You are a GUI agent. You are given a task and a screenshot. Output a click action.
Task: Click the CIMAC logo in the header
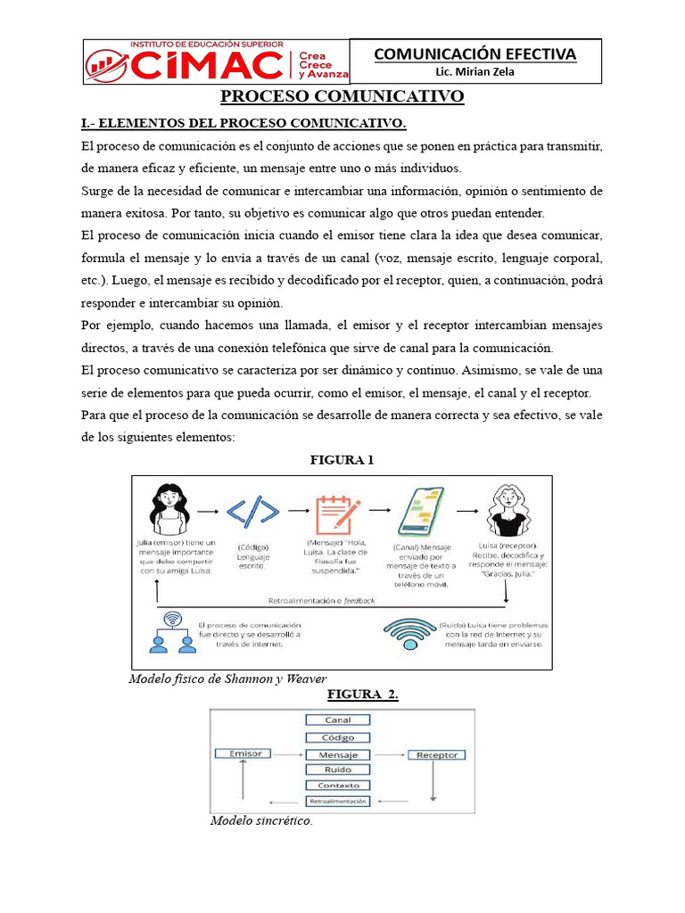(217, 62)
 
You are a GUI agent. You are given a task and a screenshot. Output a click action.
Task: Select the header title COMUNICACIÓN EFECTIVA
(475, 54)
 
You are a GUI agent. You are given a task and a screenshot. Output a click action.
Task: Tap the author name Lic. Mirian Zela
(475, 72)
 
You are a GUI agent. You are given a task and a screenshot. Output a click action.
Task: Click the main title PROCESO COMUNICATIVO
(342, 96)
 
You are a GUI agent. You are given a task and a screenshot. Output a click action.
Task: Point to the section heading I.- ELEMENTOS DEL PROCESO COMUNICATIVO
(243, 122)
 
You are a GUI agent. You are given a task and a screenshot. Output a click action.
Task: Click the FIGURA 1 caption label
(342, 460)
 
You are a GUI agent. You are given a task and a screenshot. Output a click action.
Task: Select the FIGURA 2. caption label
(362, 695)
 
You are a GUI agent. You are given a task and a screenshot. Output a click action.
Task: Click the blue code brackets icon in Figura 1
(252, 512)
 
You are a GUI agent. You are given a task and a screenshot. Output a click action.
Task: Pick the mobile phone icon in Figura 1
(421, 512)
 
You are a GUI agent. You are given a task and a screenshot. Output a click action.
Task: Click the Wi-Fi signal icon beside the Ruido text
(409, 631)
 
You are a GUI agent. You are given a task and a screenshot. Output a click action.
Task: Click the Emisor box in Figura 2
(245, 753)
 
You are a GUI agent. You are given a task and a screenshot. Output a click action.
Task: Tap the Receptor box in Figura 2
(437, 755)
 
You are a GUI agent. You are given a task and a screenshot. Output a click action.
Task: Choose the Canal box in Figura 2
(338, 720)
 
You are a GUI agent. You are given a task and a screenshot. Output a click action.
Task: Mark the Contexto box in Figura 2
(338, 786)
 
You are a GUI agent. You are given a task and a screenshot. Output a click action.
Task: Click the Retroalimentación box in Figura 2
(338, 802)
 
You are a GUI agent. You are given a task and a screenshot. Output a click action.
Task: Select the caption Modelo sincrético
(261, 820)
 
